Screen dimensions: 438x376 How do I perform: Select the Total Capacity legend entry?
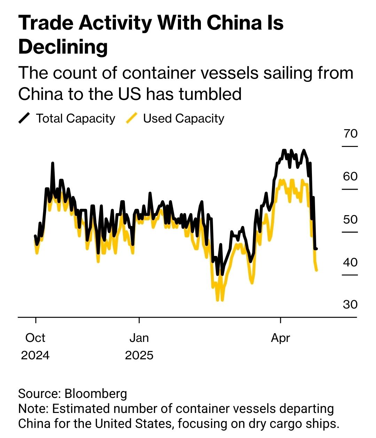(x=76, y=118)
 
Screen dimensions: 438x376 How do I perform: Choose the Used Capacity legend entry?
(x=183, y=118)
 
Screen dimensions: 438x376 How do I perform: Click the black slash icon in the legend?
(x=24, y=118)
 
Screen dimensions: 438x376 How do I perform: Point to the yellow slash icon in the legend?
(x=132, y=118)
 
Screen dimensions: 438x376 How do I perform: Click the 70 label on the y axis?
(x=350, y=133)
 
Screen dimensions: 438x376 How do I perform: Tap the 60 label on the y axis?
(x=350, y=177)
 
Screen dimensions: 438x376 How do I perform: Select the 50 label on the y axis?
(x=350, y=219)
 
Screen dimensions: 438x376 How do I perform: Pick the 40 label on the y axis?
(x=350, y=262)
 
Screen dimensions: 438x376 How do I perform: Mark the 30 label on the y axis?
(x=350, y=305)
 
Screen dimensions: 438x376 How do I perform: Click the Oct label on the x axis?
(x=35, y=338)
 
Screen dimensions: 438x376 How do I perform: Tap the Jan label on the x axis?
(x=139, y=338)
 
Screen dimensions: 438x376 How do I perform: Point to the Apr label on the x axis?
(x=280, y=338)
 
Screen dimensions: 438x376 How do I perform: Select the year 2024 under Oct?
(x=35, y=355)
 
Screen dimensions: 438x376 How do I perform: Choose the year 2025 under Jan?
(x=139, y=355)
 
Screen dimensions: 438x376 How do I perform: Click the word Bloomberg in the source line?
(x=96, y=393)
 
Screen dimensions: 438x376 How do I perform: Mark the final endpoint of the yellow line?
(x=316, y=270)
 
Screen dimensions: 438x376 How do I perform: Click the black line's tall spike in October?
(x=53, y=163)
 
